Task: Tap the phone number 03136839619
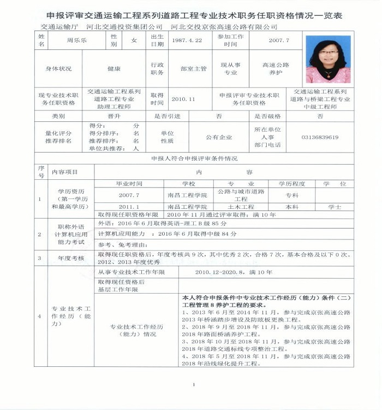(320, 137)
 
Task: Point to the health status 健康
(114, 69)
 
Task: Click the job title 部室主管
(193, 69)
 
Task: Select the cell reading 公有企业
(218, 137)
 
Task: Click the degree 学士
(334, 207)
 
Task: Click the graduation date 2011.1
(129, 207)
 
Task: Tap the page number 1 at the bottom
(193, 385)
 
